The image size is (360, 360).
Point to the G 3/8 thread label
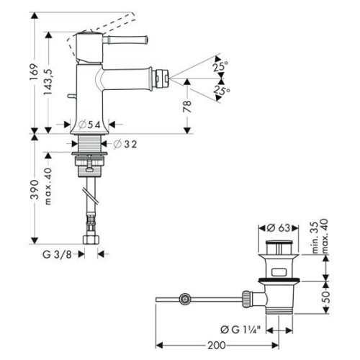[x=57, y=253]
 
